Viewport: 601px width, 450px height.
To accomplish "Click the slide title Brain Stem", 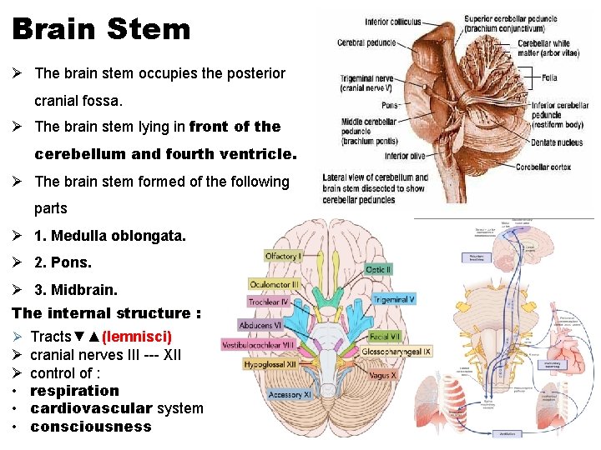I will coord(101,30).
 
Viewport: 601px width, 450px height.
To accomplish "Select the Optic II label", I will coord(378,270).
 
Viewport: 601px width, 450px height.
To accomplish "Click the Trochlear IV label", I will coord(269,302).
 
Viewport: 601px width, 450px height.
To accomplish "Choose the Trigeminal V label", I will coord(394,299).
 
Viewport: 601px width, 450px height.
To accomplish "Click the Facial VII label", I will coord(384,337).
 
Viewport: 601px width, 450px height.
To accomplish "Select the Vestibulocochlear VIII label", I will coord(258,344).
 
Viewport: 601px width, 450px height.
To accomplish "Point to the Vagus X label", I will coord(382,376).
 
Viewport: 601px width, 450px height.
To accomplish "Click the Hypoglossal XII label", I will coord(270,364).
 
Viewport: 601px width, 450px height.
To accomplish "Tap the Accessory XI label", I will coord(289,394).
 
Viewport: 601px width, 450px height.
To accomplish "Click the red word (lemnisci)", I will coord(136,337).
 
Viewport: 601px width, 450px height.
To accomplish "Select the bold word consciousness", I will coord(91,427).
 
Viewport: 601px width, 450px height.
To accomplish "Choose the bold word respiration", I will coord(75,391).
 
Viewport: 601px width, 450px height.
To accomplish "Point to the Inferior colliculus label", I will coord(393,22).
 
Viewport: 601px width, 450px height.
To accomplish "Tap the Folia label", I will coord(549,77).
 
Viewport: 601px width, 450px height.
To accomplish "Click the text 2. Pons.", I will coord(63,262).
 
